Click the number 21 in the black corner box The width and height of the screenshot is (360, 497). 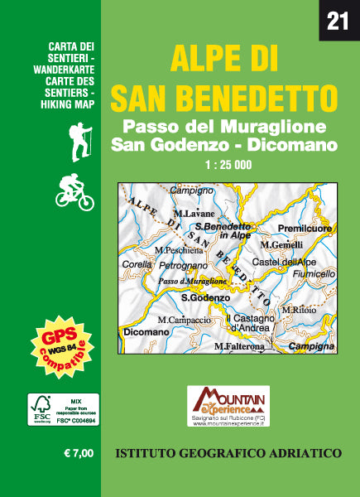338,20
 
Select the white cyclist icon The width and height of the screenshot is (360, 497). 74,193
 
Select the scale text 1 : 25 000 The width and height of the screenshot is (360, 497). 227,163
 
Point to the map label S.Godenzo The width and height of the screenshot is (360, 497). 205,297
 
